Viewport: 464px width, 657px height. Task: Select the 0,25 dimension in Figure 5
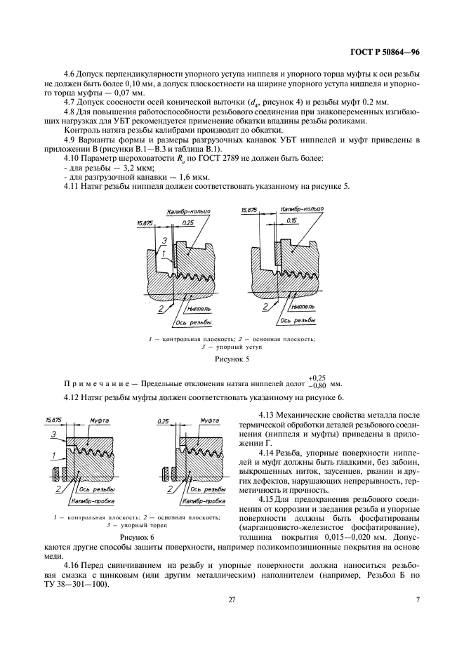[187, 222]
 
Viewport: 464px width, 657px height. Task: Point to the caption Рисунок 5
[232, 358]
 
